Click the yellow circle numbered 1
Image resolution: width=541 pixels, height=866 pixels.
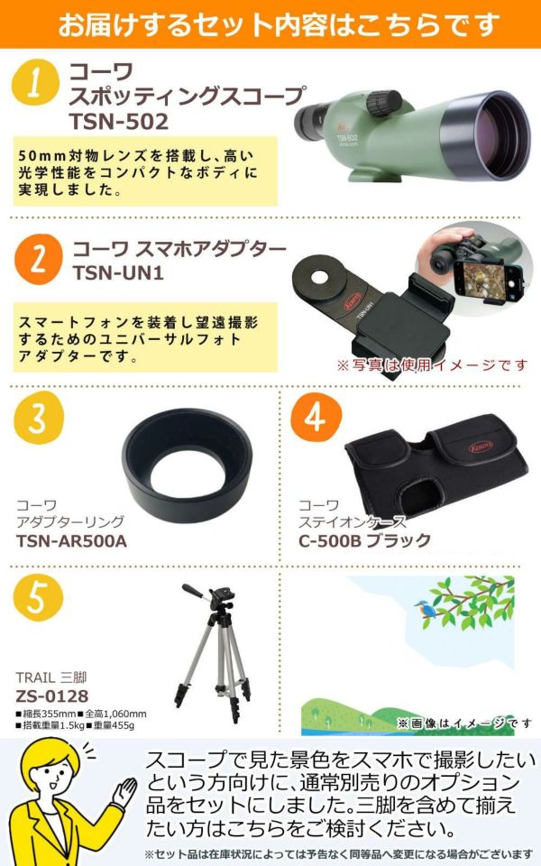[35, 82]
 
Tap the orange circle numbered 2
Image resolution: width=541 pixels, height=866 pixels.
[39, 259]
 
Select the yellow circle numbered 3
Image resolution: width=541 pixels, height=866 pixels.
[39, 418]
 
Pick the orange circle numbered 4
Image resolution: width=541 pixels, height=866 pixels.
[316, 418]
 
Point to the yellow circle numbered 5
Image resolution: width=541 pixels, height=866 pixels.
[38, 597]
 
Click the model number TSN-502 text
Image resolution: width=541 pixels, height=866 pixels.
[119, 122]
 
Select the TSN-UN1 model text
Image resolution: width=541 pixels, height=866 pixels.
[118, 272]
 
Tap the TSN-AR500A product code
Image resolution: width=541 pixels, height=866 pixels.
[72, 540]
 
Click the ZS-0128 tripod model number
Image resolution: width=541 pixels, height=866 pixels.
[52, 696]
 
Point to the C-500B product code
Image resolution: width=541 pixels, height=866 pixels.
[329, 540]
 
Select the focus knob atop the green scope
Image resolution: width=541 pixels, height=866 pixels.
[384, 102]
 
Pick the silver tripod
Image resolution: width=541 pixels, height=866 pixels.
[213, 652]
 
